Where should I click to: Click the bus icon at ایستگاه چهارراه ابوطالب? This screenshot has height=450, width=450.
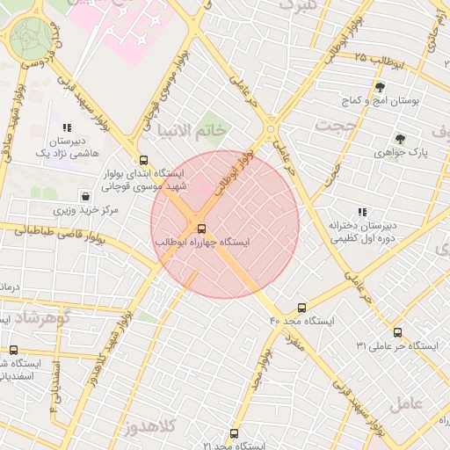tap(202, 229)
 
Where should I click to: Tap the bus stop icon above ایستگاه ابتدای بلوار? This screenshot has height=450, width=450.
tap(143, 160)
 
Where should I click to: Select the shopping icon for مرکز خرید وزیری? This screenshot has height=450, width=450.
tap(85, 196)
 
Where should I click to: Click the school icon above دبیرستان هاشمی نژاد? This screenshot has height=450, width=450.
tap(68, 127)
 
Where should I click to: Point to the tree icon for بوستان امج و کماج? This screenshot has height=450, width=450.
tap(380, 87)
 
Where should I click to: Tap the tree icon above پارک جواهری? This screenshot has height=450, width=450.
tap(401, 138)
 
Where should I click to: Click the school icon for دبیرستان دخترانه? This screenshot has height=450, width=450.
tap(362, 212)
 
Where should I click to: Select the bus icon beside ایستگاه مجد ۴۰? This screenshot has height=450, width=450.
tap(302, 308)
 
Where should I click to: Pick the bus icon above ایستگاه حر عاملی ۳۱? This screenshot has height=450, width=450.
tap(397, 332)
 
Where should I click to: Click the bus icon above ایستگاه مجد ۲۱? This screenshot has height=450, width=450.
tap(234, 433)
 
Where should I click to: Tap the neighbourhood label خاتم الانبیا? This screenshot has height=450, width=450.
tap(190, 130)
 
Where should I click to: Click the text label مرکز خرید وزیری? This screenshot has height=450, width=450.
tap(85, 211)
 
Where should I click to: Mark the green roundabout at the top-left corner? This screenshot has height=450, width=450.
tap(32, 37)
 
